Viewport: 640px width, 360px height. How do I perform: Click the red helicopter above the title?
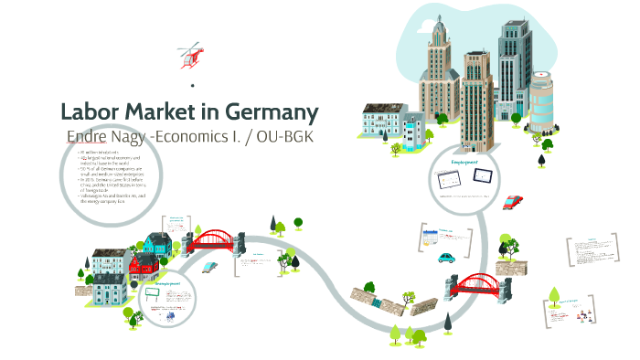click(191, 55)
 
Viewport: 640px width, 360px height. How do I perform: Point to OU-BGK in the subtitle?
click(292, 136)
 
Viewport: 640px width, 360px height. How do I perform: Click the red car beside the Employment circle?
click(513, 201)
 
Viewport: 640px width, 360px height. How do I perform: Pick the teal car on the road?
click(447, 258)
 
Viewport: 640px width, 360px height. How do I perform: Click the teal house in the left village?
click(157, 242)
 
